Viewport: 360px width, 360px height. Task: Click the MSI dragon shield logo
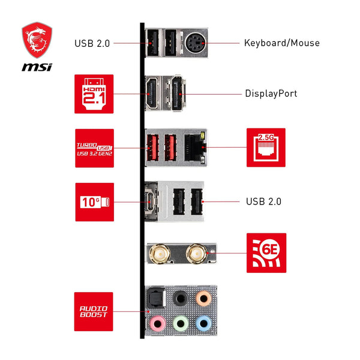(37, 40)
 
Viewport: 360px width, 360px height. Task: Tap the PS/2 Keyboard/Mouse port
(194, 43)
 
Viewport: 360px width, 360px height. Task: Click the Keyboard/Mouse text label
(281, 43)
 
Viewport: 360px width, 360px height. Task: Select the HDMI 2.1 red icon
(94, 94)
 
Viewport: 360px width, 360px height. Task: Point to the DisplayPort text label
(271, 94)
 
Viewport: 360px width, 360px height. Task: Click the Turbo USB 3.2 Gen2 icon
(94, 148)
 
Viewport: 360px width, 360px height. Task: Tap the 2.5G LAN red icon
(266, 148)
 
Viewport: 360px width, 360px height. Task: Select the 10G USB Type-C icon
(94, 202)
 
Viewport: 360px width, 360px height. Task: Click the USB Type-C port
(151, 202)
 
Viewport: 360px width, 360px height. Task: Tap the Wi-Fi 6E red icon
(266, 253)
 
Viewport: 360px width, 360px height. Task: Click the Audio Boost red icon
(94, 311)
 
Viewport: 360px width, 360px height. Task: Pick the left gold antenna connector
(160, 253)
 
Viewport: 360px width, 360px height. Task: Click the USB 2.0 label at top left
(92, 43)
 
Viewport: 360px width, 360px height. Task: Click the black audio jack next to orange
(180, 298)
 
